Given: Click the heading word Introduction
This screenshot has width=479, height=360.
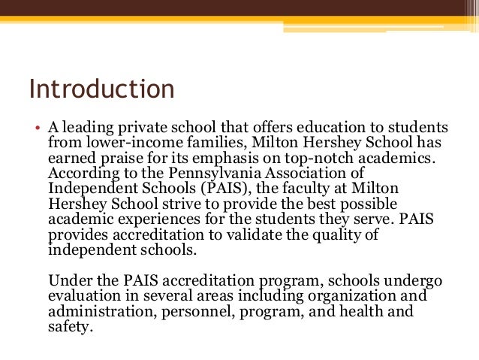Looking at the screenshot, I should pyautogui.click(x=101, y=89).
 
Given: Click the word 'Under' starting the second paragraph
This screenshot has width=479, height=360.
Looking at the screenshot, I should pyautogui.click(x=67, y=280).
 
